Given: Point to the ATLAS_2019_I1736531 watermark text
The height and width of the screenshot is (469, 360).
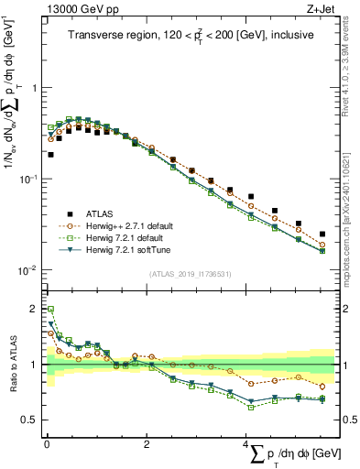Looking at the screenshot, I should (x=191, y=273).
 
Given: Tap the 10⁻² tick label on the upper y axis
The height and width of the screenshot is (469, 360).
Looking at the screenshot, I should (x=26, y=270).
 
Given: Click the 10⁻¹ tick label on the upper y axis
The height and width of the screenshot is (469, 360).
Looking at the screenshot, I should (x=26, y=179).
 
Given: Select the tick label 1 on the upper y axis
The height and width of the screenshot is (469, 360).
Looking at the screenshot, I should (x=33, y=88).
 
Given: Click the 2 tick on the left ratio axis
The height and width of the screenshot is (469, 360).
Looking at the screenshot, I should (x=33, y=309).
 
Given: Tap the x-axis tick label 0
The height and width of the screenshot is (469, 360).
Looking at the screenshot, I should (x=47, y=445).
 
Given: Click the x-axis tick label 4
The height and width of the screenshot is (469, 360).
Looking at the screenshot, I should (x=246, y=445).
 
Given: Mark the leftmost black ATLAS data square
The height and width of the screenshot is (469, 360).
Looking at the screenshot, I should (x=50, y=155).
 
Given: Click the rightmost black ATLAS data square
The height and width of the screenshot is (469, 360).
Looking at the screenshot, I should (x=322, y=234).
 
